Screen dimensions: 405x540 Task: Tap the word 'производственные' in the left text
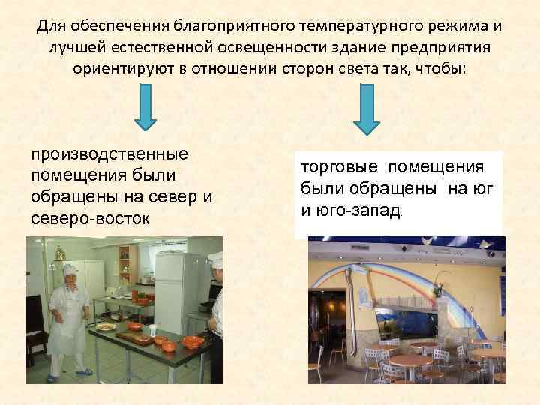pyautogui.click(x=108, y=154)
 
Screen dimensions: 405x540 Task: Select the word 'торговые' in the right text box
pyautogui.click(x=336, y=166)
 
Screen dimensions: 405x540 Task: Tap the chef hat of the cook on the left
pyautogui.click(x=70, y=269)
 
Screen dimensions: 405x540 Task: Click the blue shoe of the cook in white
pyautogui.click(x=85, y=371)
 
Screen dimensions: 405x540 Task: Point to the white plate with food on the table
pyautogui.click(x=104, y=326)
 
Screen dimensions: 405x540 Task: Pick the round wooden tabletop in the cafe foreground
pyautogui.click(x=409, y=359)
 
